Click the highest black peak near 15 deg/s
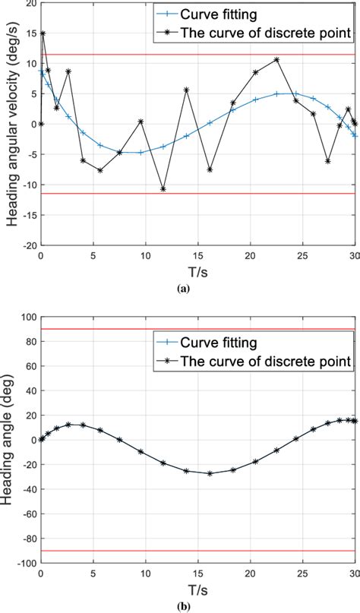(43, 33)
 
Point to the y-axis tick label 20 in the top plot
(29, 4)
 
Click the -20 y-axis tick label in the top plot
(26, 246)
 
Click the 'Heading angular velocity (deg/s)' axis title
(10, 125)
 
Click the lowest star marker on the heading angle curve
(210, 473)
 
